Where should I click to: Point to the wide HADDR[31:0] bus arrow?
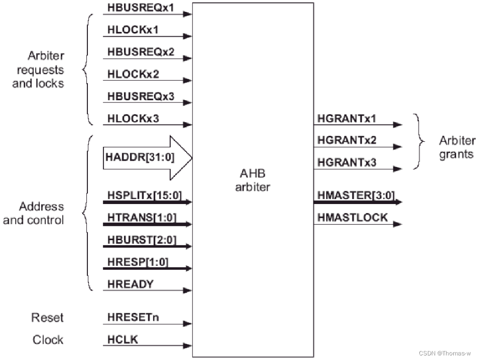[x=146, y=158]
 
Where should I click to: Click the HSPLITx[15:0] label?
[x=145, y=195]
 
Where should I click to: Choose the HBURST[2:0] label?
[x=142, y=240]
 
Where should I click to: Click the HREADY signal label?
[x=130, y=284]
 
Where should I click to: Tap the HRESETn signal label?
[x=133, y=317]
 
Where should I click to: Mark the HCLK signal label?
[x=123, y=339]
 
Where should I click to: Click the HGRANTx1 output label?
[x=347, y=118]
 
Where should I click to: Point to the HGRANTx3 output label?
[x=347, y=162]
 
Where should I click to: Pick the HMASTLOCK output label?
[x=352, y=218]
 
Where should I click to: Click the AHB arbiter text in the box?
[x=253, y=180]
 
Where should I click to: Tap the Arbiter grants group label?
[x=456, y=147]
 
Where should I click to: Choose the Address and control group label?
[x=34, y=213]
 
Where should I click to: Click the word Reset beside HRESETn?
[x=48, y=317]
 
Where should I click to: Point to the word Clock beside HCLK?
[x=48, y=340]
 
